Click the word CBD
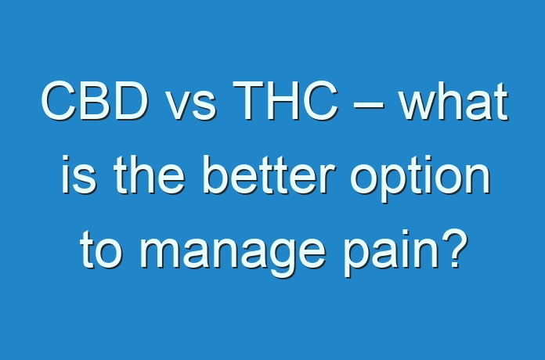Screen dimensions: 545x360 tap(95, 101)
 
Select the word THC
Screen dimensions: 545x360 tap(285, 101)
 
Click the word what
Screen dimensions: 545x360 tap(453, 102)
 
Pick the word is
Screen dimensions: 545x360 tap(79, 175)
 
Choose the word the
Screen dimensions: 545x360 tap(150, 175)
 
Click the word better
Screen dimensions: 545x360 tap(269, 175)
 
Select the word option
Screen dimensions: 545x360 tap(420, 179)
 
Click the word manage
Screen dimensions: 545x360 tap(233, 254)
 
